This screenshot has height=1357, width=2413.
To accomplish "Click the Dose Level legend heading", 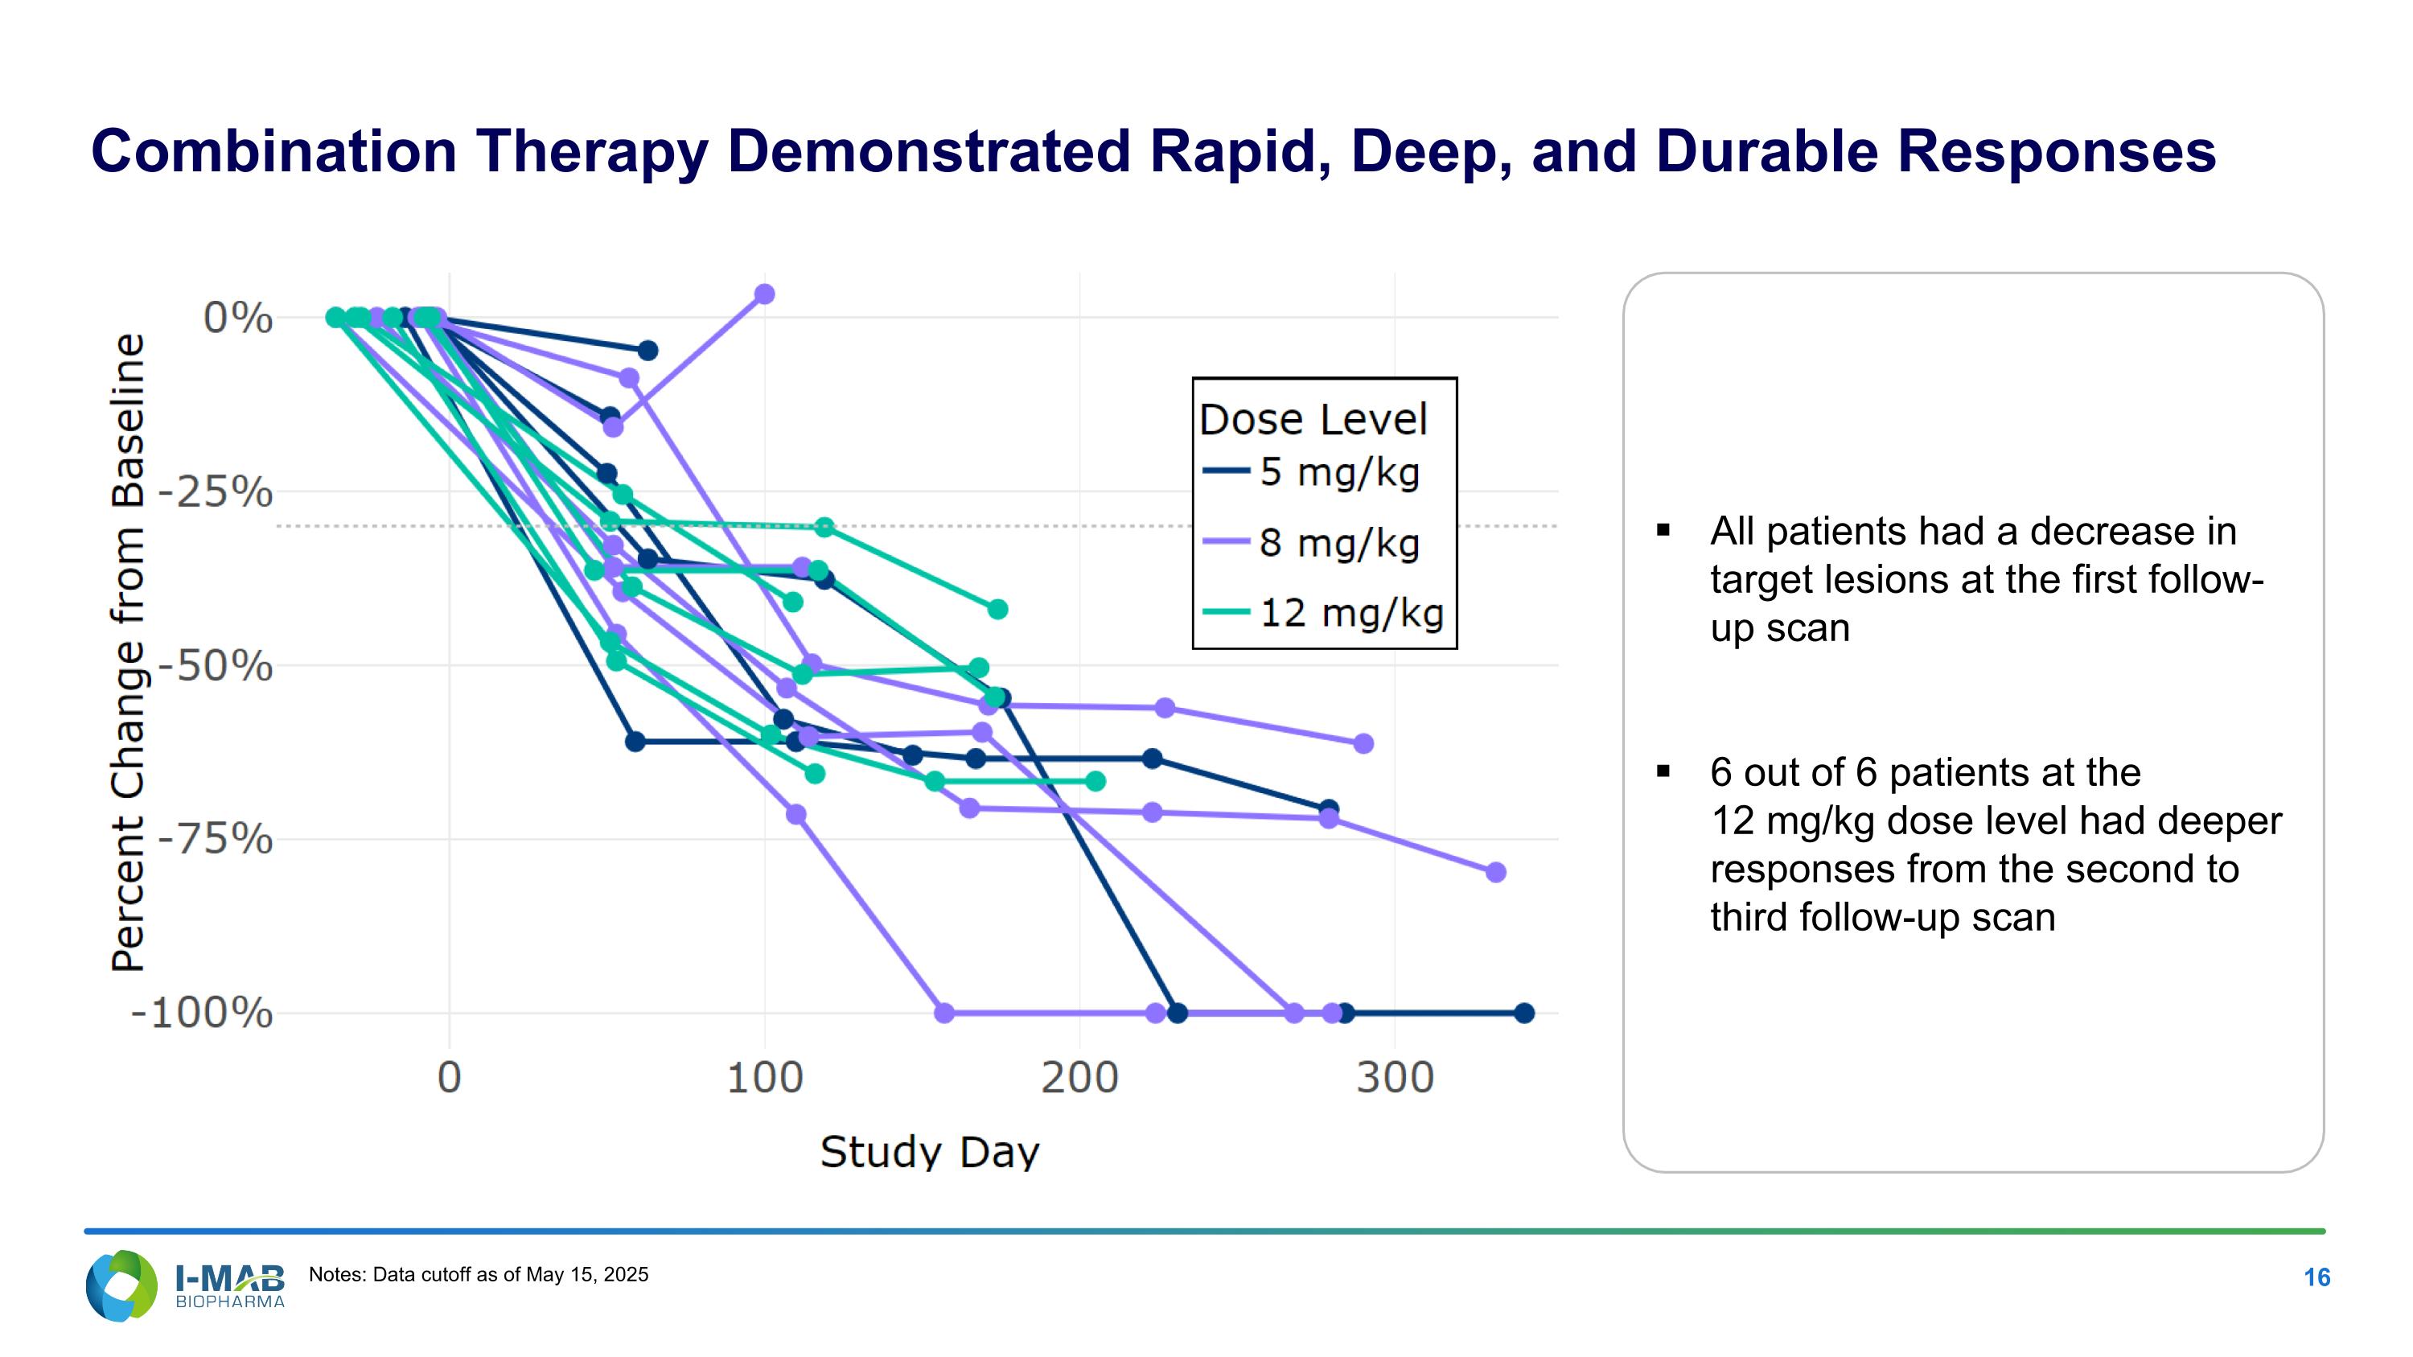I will [1313, 420].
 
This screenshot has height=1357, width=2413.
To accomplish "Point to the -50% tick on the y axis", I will [215, 667].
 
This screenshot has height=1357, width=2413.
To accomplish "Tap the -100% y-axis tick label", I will [201, 1014].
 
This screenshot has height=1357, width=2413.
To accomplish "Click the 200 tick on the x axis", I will [1079, 1078].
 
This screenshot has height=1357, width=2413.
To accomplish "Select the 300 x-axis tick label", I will [1395, 1078].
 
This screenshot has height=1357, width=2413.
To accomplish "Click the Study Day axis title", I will [929, 1152].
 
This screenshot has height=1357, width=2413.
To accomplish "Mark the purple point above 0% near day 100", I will [764, 294].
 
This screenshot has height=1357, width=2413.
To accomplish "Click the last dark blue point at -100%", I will [1524, 1014].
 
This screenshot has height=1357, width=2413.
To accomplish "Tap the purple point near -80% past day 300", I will [1496, 872].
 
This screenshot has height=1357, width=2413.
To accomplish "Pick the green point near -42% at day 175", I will [997, 610].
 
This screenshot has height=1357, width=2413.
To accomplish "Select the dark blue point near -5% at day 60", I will [647, 350].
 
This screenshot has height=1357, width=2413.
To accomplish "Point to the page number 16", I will [2316, 1277].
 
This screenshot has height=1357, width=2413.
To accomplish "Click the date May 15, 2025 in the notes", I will [586, 1275].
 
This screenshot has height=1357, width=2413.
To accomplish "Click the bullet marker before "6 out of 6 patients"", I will [1663, 771].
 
